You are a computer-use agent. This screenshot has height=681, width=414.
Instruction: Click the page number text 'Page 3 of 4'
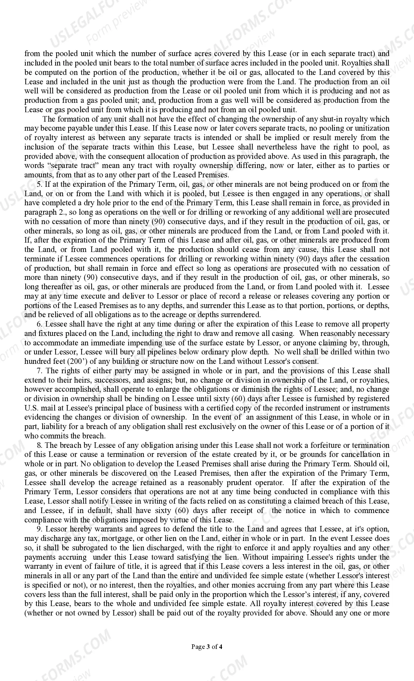tap(207, 647)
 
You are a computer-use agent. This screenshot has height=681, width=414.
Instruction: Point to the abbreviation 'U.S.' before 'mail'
tap(31, 408)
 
